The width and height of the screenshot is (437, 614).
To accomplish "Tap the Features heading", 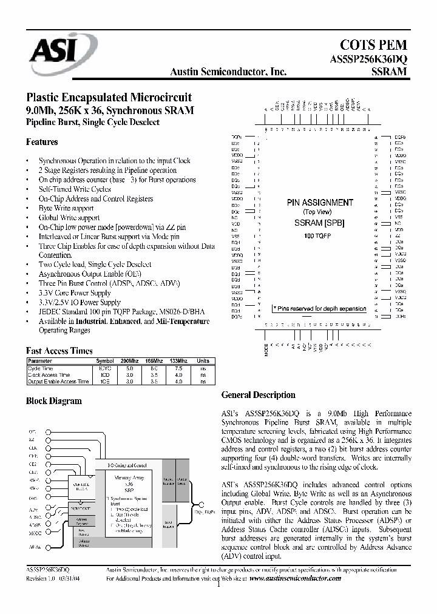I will click(42, 142).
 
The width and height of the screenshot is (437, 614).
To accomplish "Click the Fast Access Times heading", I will click(59, 351).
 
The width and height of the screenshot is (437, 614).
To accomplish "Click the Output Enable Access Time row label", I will click(53, 382).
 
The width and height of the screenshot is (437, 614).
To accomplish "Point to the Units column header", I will click(202, 361).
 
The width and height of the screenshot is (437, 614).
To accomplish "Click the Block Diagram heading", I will click(53, 401).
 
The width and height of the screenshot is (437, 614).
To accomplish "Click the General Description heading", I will click(258, 395).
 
